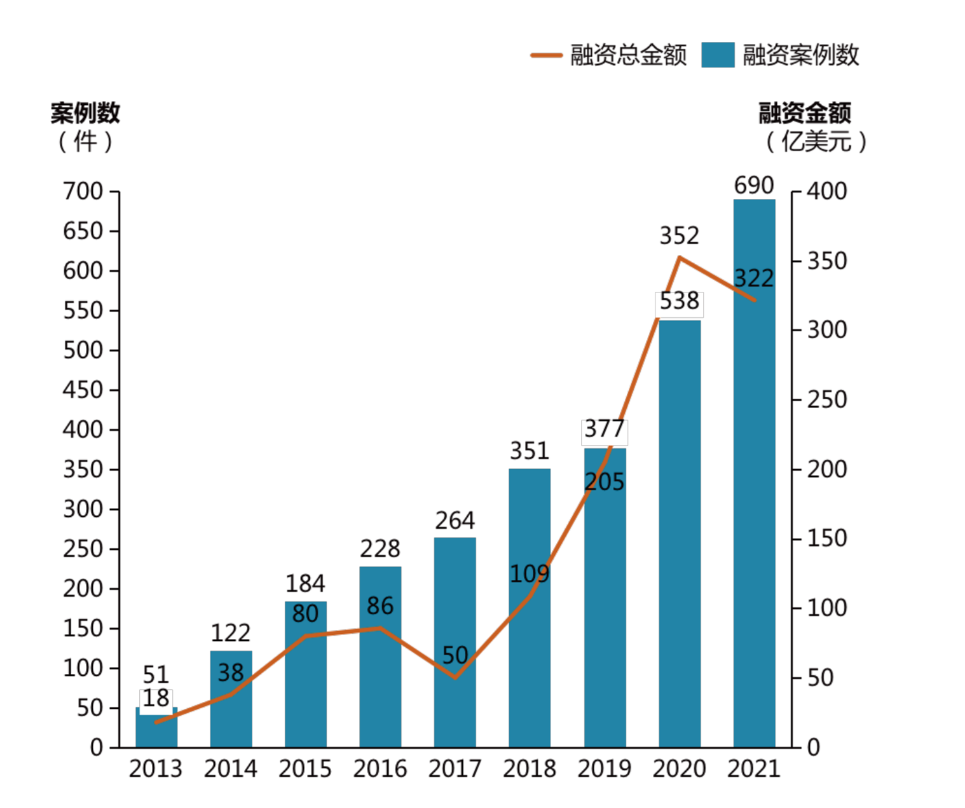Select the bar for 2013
click(156, 731)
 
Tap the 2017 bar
click(455, 642)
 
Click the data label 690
click(754, 186)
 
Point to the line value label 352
click(679, 236)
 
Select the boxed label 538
click(679, 301)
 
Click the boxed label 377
click(605, 429)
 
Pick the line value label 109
click(530, 574)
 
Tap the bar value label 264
click(455, 521)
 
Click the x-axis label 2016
click(380, 769)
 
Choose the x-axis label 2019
click(605, 769)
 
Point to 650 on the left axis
click(83, 231)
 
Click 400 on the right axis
click(827, 191)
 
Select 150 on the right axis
click(827, 538)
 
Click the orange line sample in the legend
click(546, 55)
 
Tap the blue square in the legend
click(718, 55)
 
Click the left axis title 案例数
click(85, 113)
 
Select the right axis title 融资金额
click(804, 113)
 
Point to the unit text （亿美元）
click(816, 141)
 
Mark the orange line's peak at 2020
click(680, 257)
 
